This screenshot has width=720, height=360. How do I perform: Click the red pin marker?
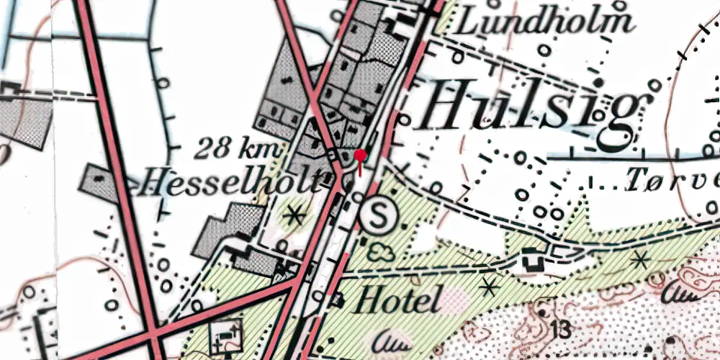[361, 155]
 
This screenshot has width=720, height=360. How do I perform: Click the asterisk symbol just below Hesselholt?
[294, 214]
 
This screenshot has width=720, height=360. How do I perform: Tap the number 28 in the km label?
[212, 150]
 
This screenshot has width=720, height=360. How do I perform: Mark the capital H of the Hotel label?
[365, 300]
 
